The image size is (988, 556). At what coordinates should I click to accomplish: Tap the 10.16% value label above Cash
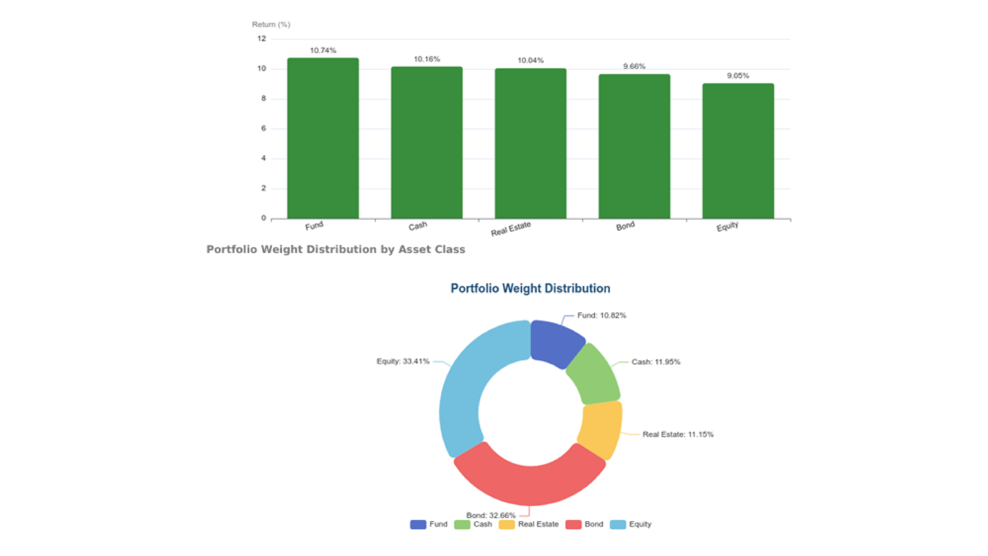427,59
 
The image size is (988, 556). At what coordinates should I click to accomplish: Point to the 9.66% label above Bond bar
634,66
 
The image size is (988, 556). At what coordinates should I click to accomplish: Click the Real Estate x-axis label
511,229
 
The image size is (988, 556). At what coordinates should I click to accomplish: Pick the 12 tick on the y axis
262,39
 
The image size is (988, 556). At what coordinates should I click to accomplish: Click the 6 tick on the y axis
263,128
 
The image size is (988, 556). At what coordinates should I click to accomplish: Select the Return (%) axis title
271,24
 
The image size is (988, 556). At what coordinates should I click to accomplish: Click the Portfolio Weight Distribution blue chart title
530,288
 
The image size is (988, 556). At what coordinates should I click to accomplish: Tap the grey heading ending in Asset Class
335,249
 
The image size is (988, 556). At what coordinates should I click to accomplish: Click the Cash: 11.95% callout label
656,362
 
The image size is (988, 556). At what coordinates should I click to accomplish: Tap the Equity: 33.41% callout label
403,361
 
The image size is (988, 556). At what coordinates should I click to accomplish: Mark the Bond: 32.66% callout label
491,515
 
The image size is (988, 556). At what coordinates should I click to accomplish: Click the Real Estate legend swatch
506,524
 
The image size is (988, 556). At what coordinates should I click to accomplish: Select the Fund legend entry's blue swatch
418,524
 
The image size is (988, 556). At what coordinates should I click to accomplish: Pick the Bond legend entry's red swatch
573,524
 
